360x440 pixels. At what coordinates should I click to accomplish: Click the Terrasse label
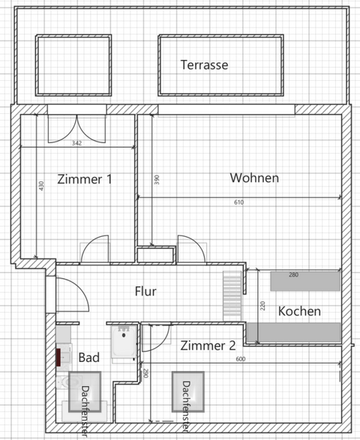point(204,64)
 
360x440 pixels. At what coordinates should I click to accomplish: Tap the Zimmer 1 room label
point(85,179)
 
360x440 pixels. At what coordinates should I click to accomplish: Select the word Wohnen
point(254,178)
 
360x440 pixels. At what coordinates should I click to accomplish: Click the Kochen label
point(299,311)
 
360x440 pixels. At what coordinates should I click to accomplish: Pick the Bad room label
point(88,358)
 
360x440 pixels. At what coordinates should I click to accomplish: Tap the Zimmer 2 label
point(208,346)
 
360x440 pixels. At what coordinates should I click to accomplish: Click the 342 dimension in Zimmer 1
point(76,142)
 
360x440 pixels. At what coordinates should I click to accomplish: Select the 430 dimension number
point(31,186)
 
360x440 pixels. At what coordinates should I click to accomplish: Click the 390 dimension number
point(157,180)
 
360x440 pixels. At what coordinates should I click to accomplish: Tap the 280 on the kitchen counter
point(293,275)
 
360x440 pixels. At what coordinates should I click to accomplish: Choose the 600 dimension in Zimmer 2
point(240,359)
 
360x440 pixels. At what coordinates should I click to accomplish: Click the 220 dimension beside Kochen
point(263,306)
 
